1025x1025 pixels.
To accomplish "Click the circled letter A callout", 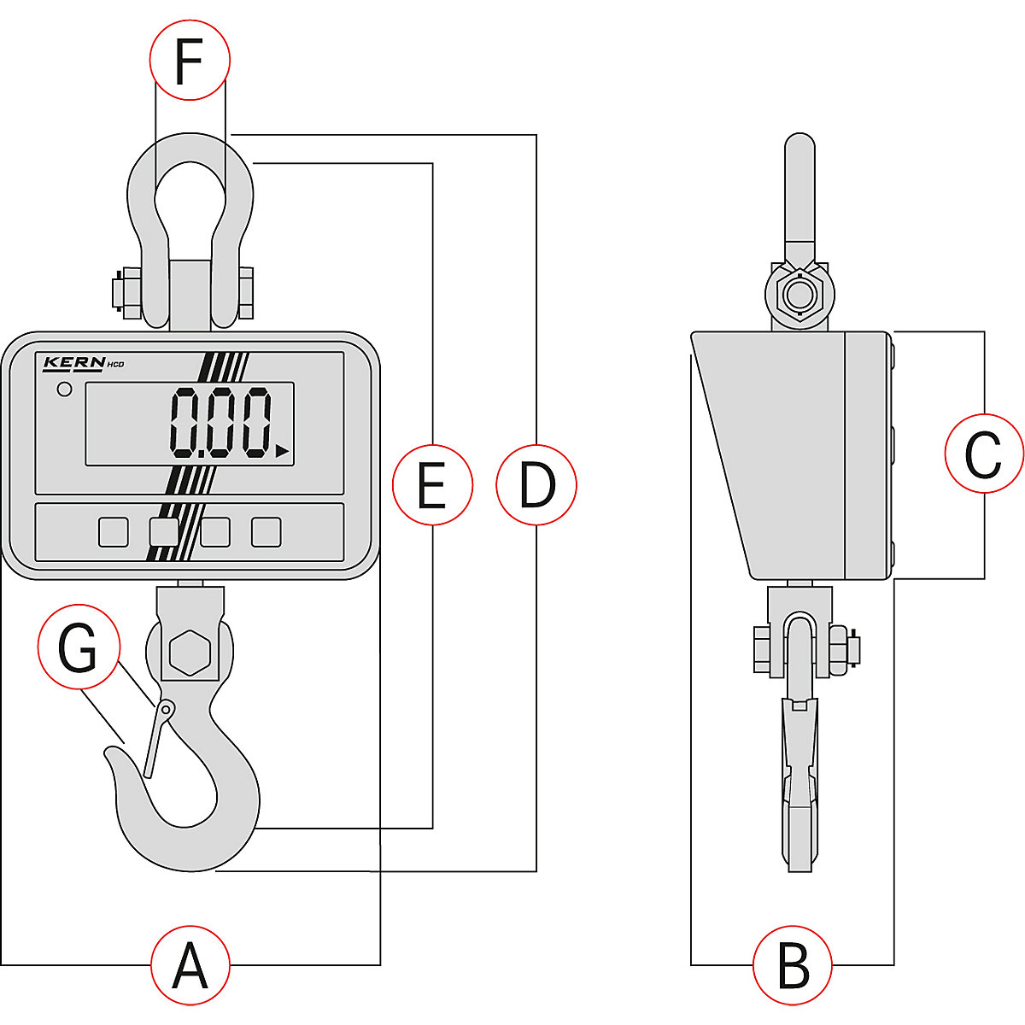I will point(190,965).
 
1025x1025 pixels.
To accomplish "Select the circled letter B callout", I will point(793,965).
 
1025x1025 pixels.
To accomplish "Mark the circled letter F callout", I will point(190,60).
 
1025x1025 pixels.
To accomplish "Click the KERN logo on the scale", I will point(74,363).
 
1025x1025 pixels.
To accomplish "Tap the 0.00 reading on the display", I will point(220,423).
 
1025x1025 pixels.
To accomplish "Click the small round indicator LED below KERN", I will point(64,390).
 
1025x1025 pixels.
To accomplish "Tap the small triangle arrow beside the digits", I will point(282,450).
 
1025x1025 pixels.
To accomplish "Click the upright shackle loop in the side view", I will point(799,196).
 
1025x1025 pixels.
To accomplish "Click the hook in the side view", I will point(800,786).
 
